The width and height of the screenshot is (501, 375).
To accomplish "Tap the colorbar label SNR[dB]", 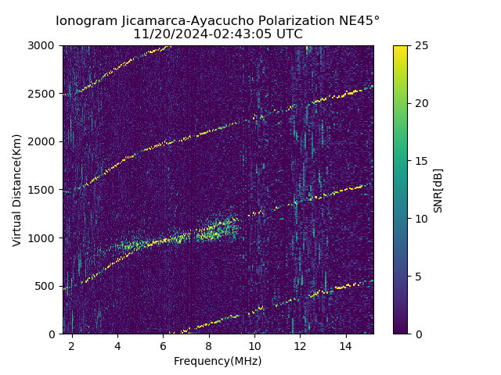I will click(x=438, y=190).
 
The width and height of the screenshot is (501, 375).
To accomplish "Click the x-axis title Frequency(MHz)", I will click(x=218, y=361).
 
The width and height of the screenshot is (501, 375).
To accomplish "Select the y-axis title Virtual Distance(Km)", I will click(x=17, y=190).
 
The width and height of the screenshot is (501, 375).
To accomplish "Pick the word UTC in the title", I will click(x=287, y=34).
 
